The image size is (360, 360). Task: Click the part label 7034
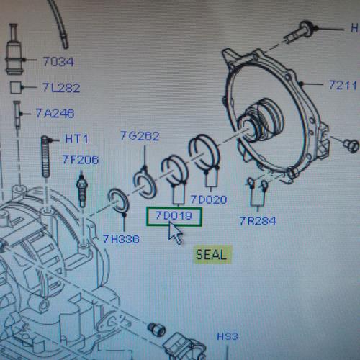click(58, 62)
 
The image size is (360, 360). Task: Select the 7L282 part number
click(61, 88)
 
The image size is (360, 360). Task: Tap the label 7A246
click(55, 113)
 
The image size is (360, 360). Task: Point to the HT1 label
click(76, 139)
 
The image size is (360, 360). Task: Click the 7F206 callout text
click(81, 160)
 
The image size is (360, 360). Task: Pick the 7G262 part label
click(140, 136)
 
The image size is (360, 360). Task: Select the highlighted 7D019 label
click(174, 215)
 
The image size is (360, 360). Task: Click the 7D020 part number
click(209, 199)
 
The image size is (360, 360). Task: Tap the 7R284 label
click(258, 221)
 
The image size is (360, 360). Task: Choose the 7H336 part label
click(121, 239)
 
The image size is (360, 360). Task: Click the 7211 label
click(343, 85)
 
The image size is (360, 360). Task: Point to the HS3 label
click(228, 336)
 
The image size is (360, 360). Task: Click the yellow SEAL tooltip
click(212, 255)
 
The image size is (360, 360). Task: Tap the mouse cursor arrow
click(175, 233)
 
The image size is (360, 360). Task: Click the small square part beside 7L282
click(16, 88)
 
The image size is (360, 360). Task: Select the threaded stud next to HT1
click(45, 157)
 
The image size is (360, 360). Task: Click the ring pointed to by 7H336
click(118, 201)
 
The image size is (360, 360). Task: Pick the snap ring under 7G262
click(145, 184)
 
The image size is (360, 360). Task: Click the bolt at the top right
click(300, 32)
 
